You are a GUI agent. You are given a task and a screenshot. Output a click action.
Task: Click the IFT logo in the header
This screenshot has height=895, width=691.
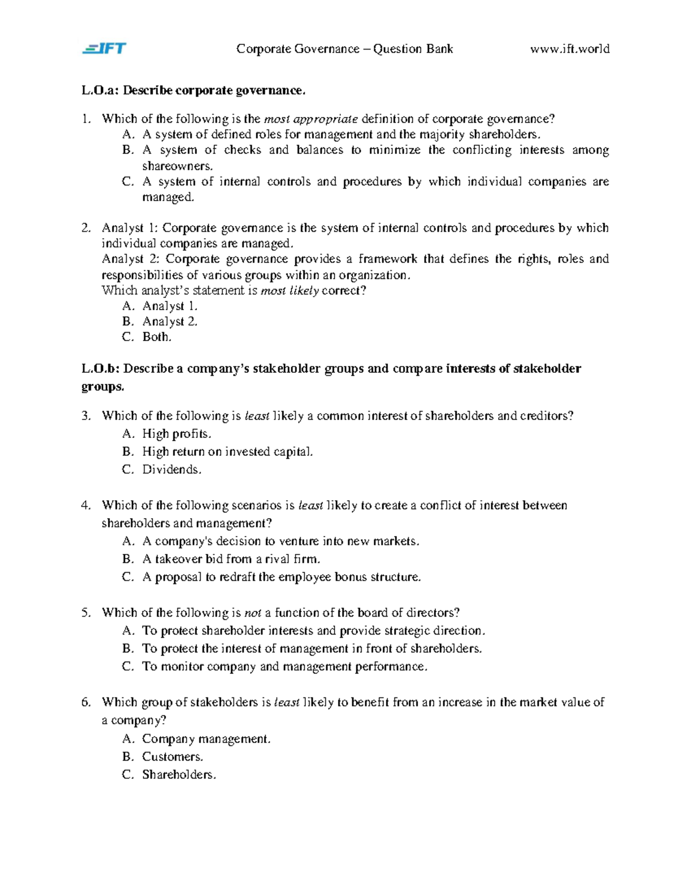pos(104,48)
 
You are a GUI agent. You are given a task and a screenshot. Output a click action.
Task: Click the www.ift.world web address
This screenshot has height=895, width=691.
pos(569,49)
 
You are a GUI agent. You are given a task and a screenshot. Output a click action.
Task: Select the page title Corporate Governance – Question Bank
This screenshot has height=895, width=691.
pos(344,49)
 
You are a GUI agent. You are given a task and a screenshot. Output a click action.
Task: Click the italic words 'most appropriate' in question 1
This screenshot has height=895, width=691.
pos(310,119)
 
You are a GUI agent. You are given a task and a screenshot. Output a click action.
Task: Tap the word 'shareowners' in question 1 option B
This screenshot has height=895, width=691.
pos(177,166)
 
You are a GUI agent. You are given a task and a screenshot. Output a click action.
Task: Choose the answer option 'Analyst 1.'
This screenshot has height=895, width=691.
pos(169,306)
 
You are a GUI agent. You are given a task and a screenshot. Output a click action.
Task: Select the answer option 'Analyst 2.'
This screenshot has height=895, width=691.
pos(169,322)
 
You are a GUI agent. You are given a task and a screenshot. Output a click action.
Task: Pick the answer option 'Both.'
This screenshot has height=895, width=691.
pos(157,337)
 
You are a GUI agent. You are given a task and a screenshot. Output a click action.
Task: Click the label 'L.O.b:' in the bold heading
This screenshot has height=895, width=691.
pos(101,369)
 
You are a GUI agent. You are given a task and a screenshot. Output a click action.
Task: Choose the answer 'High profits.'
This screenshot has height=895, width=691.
pos(177,434)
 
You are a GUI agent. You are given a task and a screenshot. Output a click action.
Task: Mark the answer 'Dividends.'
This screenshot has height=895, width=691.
pos(172,470)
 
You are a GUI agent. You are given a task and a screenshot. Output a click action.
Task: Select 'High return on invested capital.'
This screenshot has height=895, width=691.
pos(227,452)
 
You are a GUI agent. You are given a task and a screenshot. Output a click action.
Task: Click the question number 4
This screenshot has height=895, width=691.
pos(86,505)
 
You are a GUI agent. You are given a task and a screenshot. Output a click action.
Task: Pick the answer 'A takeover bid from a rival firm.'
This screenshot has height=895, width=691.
pos(231,559)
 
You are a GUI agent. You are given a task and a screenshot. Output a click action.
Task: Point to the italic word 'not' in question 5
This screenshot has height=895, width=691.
pos(253,613)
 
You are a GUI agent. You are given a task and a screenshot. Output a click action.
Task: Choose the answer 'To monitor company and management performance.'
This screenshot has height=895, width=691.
pos(284,667)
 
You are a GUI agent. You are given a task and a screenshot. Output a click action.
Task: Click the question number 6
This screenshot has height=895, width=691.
pos(86,703)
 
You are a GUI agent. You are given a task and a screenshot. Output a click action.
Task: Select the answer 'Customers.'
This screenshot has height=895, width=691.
pos(172,757)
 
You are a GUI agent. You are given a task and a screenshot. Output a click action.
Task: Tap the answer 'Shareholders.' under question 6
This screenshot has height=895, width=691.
pos(179,775)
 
